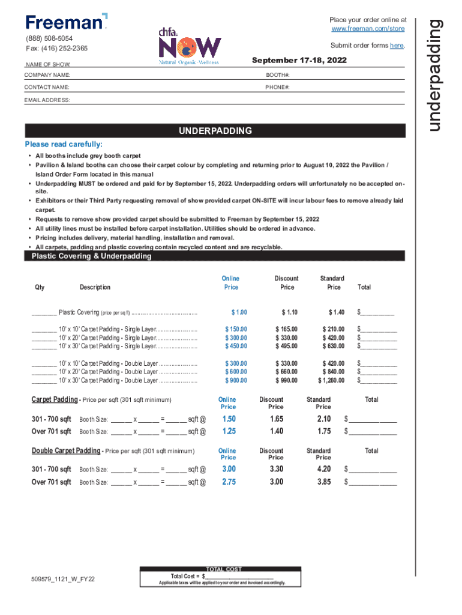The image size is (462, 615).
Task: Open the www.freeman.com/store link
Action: coord(368,29)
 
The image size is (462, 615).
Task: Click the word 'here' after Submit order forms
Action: coord(396,46)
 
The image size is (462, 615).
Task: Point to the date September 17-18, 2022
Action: coord(299,61)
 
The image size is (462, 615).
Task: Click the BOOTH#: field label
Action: coord(278,75)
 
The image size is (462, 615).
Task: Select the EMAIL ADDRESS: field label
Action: coord(47,100)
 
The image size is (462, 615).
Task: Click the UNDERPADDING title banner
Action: coord(216,131)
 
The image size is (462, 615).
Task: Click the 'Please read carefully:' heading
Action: coord(64,145)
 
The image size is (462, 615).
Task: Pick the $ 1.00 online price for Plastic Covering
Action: coord(239,312)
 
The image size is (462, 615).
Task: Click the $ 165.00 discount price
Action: coord(286,329)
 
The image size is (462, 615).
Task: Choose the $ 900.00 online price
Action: coord(236,380)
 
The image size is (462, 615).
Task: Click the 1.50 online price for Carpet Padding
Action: coord(229,419)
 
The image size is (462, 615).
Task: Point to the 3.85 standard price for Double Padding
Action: coord(324,482)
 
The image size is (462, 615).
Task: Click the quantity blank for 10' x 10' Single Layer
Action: coord(44,330)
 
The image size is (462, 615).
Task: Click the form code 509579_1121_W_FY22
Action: coord(63,580)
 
